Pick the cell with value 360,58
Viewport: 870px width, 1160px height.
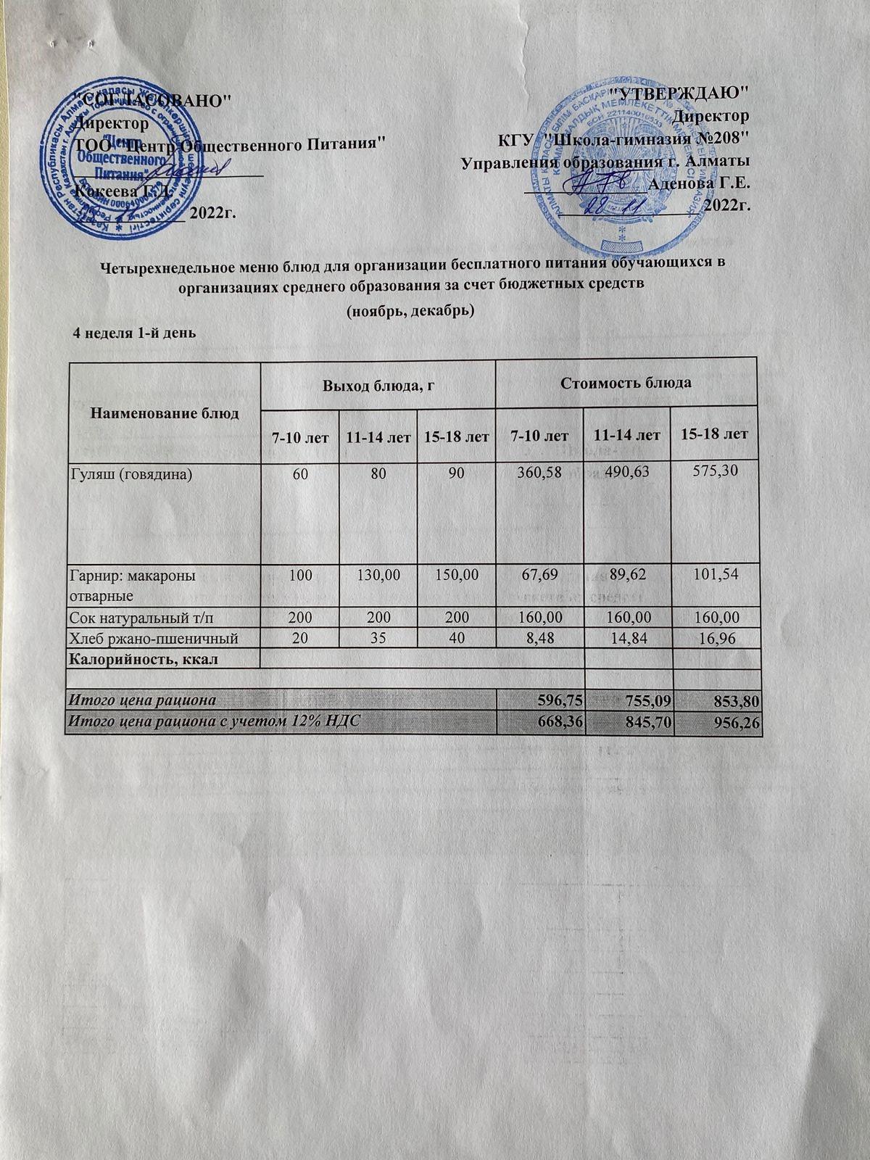click(539, 473)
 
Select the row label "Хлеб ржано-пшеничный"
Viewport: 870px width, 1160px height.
click(153, 637)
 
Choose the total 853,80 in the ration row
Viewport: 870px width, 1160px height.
click(736, 700)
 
